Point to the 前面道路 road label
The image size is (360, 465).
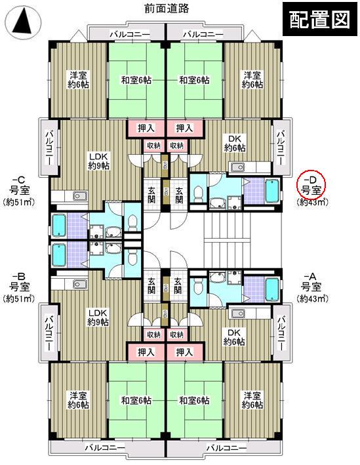coord(167,9)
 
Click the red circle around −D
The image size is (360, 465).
coord(311,183)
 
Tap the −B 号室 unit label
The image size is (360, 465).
coord(18,281)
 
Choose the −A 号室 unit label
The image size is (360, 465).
coord(310,281)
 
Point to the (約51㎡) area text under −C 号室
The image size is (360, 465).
coord(19,201)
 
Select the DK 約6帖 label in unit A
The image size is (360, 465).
coord(234,336)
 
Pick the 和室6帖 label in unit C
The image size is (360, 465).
coord(136,81)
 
